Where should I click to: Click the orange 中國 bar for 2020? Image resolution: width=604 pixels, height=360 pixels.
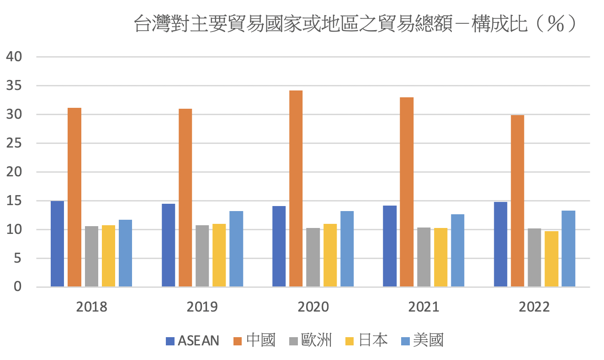click(x=296, y=189)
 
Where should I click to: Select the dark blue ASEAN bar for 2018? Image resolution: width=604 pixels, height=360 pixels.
click(x=57, y=244)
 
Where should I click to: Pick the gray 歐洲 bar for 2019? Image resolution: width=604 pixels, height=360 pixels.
click(x=202, y=256)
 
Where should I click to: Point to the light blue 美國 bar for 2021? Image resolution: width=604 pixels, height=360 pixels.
click(x=458, y=250)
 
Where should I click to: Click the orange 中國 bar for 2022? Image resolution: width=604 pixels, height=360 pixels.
click(x=517, y=201)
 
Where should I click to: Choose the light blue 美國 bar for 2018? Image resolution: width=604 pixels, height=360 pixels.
click(x=125, y=254)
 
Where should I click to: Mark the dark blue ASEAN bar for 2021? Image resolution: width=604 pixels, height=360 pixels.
click(x=390, y=246)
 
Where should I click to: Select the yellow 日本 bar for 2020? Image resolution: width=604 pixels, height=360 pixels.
click(x=330, y=255)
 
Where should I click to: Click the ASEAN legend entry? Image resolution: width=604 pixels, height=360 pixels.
click(x=192, y=340)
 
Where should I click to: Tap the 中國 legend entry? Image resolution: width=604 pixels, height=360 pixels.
click(x=255, y=340)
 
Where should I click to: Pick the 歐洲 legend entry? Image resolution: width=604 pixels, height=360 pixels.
click(x=311, y=340)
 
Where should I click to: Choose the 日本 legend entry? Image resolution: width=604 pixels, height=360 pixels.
click(x=367, y=340)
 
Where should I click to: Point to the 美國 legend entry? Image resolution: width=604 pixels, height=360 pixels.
click(x=422, y=340)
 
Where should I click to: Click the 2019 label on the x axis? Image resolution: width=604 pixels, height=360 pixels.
click(x=202, y=307)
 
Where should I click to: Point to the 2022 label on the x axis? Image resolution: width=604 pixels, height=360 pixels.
click(x=535, y=307)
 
